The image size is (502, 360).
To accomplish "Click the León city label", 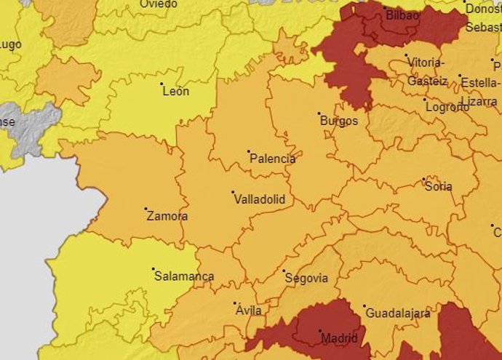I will pyautogui.click(x=176, y=92).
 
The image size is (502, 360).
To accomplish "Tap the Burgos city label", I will pyautogui.click(x=339, y=121).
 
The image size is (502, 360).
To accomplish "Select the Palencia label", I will pyautogui.click(x=273, y=159).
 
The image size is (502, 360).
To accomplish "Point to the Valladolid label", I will pyautogui.click(x=259, y=199).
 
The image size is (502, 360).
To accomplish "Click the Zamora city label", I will pyautogui.click(x=167, y=216).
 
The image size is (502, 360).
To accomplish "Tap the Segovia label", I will pyautogui.click(x=306, y=279).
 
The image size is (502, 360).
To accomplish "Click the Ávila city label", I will pyautogui.click(x=249, y=311).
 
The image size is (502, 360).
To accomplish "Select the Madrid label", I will pyautogui.click(x=339, y=338).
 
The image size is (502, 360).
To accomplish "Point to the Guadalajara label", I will pyautogui.click(x=398, y=313).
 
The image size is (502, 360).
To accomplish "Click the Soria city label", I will pyautogui.click(x=439, y=186).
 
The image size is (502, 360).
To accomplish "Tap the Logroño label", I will pyautogui.click(x=447, y=107).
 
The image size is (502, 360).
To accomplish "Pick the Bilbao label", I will pyautogui.click(x=402, y=15).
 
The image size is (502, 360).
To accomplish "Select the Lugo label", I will pyautogui.click(x=11, y=45).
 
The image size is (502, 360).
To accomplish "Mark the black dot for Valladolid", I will pyautogui.click(x=233, y=192).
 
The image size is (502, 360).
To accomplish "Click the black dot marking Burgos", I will pyautogui.click(x=319, y=113).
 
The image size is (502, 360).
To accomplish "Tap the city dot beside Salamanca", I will pyautogui.click(x=154, y=269).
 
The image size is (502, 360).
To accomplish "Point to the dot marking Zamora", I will pyautogui.click(x=146, y=209).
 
